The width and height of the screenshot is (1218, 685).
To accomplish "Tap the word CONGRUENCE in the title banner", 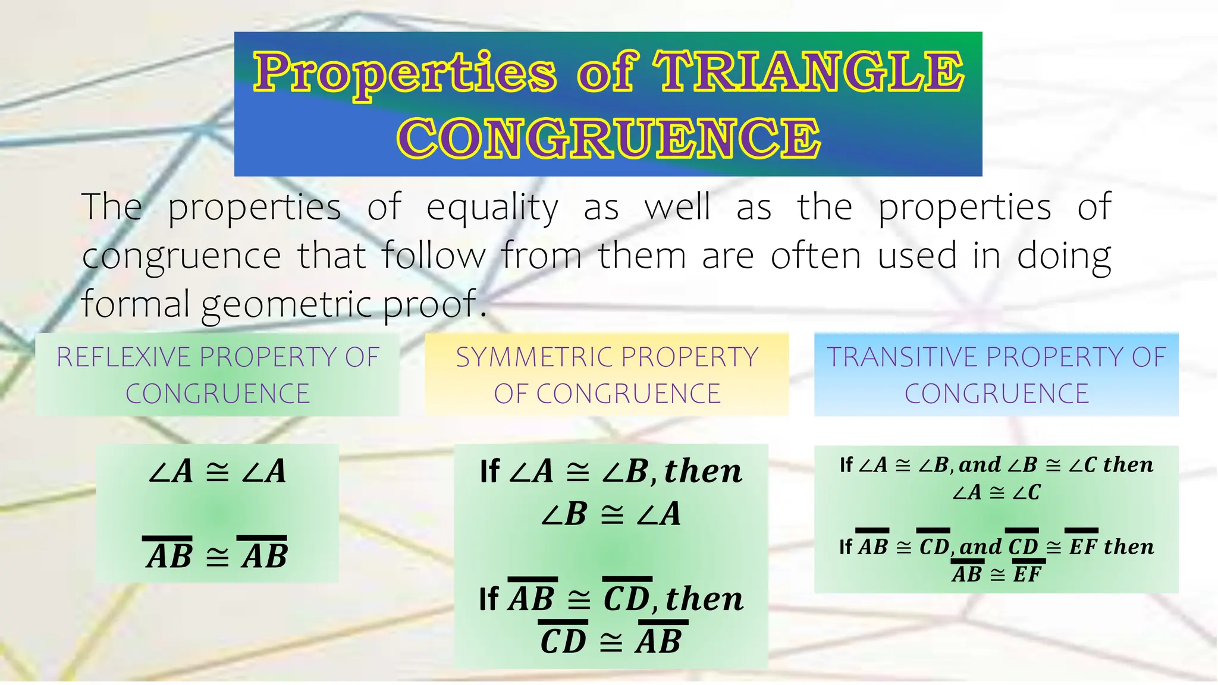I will [x=608, y=138].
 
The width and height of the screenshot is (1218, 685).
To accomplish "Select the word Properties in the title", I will [x=405, y=73].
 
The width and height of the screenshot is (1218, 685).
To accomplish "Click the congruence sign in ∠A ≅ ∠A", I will [x=217, y=472].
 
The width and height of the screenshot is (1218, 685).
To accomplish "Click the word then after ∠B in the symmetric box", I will [x=703, y=472].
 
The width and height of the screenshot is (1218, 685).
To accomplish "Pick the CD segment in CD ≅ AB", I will [x=563, y=641].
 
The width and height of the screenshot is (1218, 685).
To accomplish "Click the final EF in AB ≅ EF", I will [x=1027, y=574].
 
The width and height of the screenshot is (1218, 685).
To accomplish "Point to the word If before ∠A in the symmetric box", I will [x=489, y=472].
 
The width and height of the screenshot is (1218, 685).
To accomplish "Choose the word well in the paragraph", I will [x=677, y=207].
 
